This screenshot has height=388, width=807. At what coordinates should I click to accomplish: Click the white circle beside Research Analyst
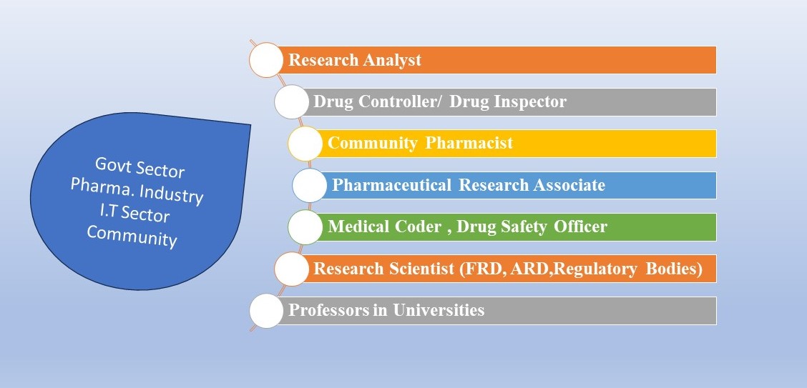(266, 60)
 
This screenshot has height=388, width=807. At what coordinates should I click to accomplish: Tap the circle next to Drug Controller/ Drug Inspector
(291, 101)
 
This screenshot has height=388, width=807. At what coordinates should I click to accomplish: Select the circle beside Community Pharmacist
(305, 144)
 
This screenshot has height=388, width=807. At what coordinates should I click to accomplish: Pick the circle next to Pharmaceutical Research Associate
(309, 185)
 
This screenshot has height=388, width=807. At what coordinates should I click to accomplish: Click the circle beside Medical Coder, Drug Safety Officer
(305, 227)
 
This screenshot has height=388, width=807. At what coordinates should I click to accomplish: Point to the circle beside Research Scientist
(291, 269)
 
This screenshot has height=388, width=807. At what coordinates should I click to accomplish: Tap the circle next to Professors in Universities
(266, 311)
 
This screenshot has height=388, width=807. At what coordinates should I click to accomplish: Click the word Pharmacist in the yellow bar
(469, 143)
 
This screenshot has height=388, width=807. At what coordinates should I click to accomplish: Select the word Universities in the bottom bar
(439, 310)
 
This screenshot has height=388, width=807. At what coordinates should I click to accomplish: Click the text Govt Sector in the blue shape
(140, 168)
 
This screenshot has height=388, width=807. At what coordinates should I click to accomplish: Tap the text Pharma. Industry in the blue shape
(137, 191)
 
